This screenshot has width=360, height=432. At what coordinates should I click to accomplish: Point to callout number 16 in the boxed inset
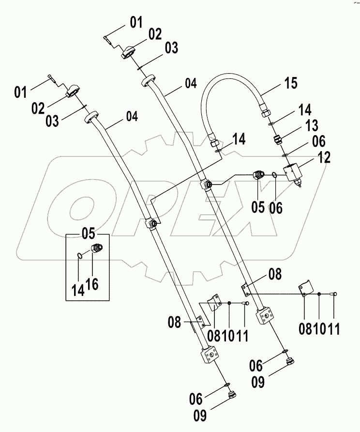[x=92, y=283]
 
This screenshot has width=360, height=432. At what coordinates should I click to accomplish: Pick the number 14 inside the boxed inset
[x=78, y=289]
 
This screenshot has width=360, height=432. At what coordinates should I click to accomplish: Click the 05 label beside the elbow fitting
[x=258, y=207]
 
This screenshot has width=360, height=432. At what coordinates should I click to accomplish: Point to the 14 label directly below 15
[x=305, y=109]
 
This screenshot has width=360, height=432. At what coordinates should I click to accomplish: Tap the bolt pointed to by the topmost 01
[x=109, y=40]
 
